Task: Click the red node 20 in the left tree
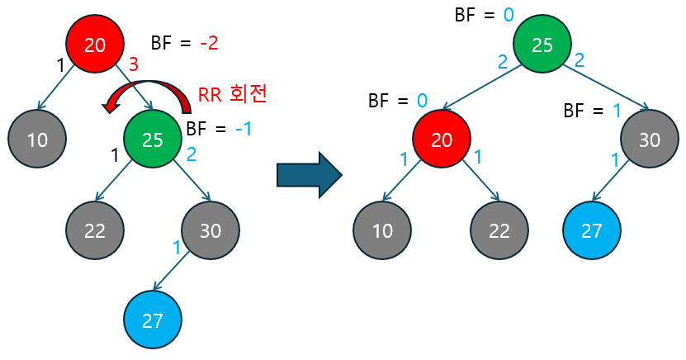pyautogui.click(x=95, y=45)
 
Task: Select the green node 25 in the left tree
pyautogui.click(x=153, y=140)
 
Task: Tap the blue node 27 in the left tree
pyautogui.click(x=153, y=320)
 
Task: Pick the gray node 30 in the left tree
pyautogui.click(x=211, y=230)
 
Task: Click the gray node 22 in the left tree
pyautogui.click(x=95, y=230)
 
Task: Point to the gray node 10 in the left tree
pyautogui.click(x=37, y=140)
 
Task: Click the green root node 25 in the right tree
pyautogui.click(x=542, y=45)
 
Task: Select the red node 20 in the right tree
pyautogui.click(x=442, y=140)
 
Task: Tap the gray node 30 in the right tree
pyautogui.click(x=650, y=140)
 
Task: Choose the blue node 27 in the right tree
pyautogui.click(x=592, y=230)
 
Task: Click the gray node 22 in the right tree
pyautogui.click(x=499, y=230)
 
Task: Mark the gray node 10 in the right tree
pyautogui.click(x=382, y=230)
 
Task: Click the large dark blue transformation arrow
pyautogui.click(x=308, y=173)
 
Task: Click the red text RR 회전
pyautogui.click(x=232, y=93)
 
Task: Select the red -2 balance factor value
pyautogui.click(x=208, y=43)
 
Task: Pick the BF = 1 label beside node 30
pyautogui.click(x=592, y=111)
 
